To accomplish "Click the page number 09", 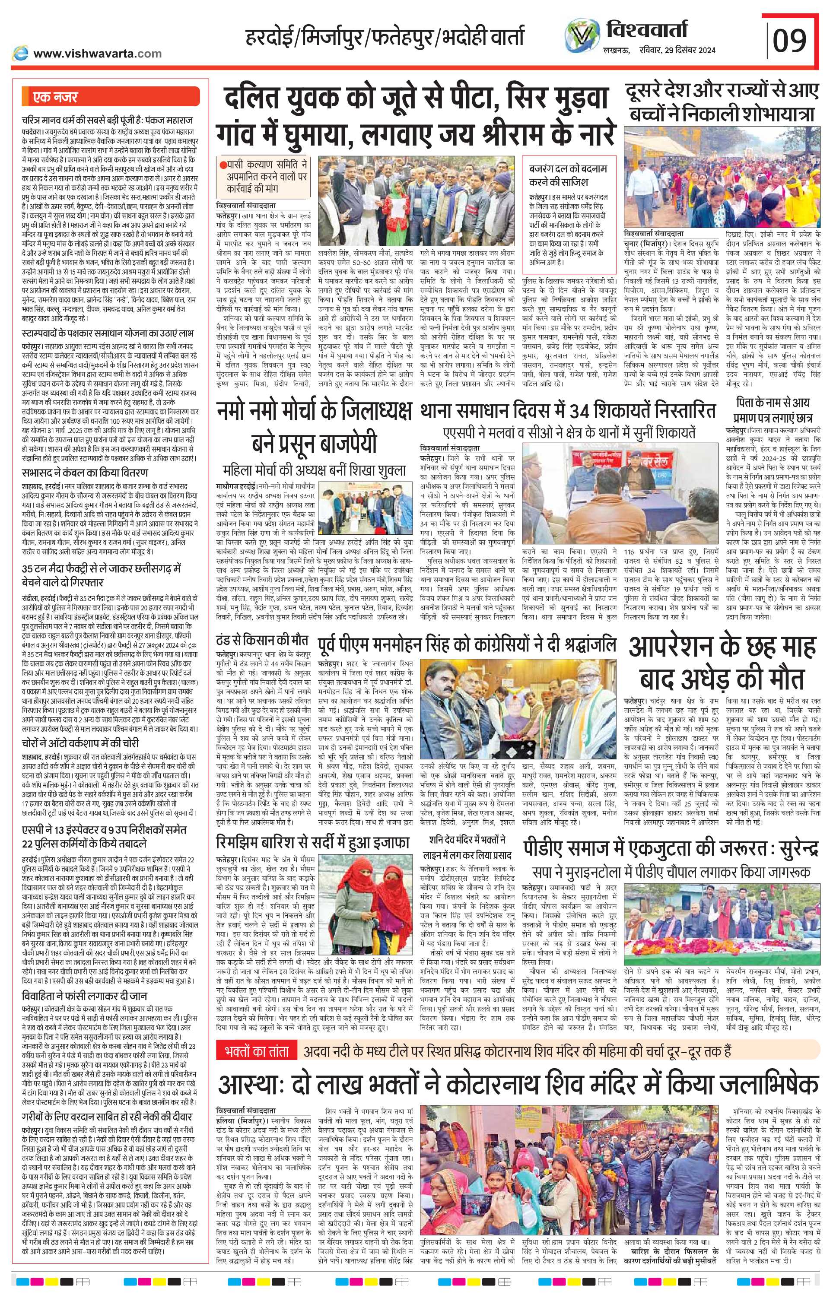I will click(x=789, y=39).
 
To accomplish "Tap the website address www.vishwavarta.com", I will click(x=97, y=53).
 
